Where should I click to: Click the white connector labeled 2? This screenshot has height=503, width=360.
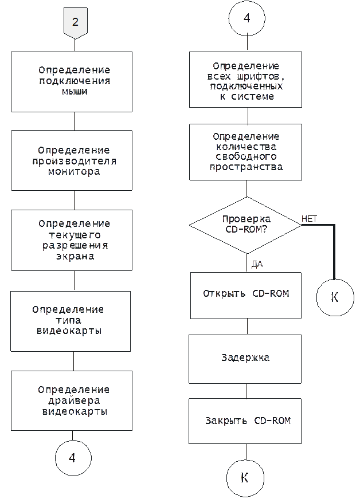point(75,23)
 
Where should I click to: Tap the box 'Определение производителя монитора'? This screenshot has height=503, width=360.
point(72,160)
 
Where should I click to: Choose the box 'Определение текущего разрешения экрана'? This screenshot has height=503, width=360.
point(72,240)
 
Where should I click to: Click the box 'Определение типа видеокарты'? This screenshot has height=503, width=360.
point(71,321)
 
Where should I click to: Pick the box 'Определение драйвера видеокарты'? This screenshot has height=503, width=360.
point(72,400)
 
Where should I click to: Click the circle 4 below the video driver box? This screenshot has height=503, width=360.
point(73,458)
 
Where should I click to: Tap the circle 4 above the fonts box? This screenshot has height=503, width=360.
point(246,18)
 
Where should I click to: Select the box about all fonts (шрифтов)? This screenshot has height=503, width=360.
point(245,80)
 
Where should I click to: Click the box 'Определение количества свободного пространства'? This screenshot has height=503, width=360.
point(245,152)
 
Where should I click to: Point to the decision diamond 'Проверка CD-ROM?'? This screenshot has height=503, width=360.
point(245,224)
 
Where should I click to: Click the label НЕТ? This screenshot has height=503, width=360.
point(309,219)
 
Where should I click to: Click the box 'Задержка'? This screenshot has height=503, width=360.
point(245,359)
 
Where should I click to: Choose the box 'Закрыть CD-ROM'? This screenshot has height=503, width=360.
point(245,421)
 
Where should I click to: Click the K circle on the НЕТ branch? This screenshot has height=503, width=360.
point(335,297)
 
